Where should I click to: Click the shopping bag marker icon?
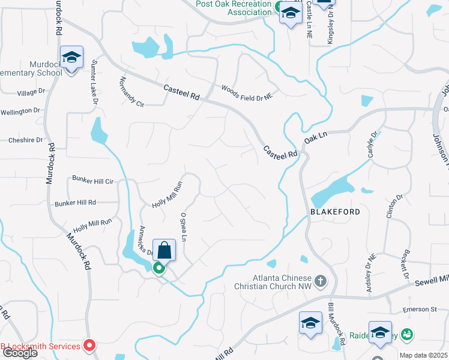(164, 250)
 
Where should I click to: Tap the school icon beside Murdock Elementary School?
(71, 58)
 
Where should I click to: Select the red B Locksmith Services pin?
(90, 345)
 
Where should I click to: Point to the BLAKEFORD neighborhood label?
(335, 212)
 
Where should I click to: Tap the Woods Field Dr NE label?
(247, 91)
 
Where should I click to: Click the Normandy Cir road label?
(132, 92)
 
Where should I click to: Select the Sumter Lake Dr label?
(95, 81)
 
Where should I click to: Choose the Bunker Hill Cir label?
(92, 180)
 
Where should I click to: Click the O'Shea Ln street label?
(184, 227)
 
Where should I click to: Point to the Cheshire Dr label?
(25, 140)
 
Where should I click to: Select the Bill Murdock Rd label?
(336, 323)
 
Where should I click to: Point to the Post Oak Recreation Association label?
(234, 8)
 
